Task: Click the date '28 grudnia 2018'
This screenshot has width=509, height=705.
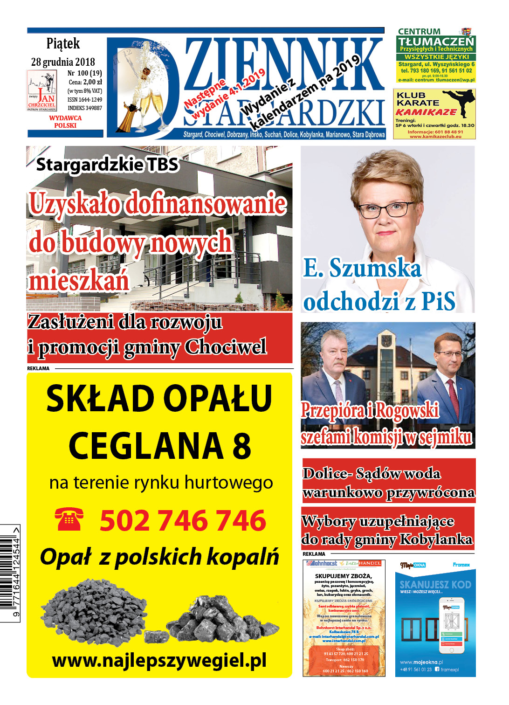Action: pos(63,62)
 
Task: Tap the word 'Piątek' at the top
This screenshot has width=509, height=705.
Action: pos(63,44)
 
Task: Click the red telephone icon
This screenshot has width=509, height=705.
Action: pos(69,519)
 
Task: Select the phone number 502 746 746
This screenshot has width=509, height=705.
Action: pos(183,520)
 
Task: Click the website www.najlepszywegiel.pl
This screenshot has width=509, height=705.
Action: pos(159,660)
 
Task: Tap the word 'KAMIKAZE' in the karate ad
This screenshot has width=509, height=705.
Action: pos(426,112)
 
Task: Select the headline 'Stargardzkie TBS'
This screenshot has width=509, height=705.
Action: pos(107,165)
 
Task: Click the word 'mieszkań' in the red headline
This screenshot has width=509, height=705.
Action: pos(79,281)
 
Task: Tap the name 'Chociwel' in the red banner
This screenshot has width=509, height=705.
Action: pos(226,347)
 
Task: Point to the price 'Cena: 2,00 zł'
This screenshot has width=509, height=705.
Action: pos(85,82)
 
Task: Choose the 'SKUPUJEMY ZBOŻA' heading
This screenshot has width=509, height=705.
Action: pos(344,576)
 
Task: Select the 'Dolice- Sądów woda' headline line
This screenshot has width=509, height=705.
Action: pos(371,474)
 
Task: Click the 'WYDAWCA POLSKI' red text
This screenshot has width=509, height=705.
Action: pos(65,122)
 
